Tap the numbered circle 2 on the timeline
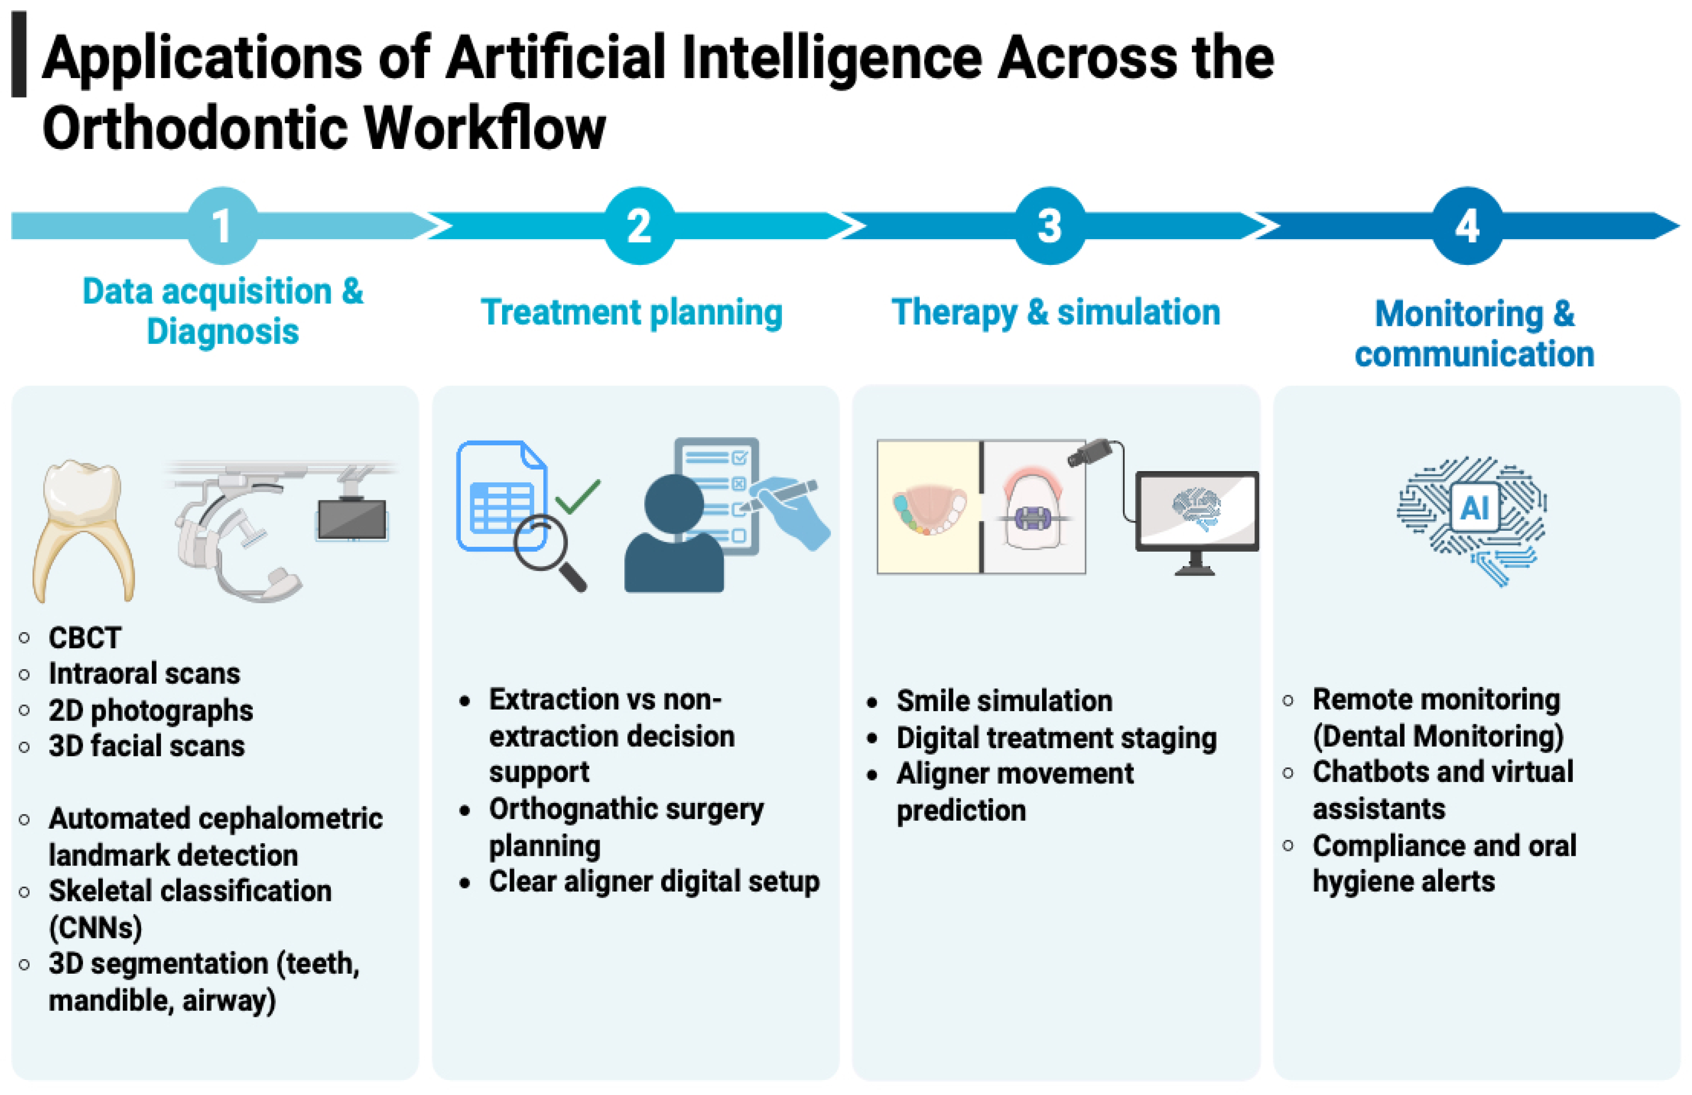[x=639, y=226]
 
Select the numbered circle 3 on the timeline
[x=1049, y=226]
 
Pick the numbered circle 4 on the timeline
[x=1466, y=226]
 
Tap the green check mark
[x=578, y=496]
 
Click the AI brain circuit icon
[x=1472, y=519]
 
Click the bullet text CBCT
[x=84, y=638]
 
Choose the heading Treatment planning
[x=631, y=313]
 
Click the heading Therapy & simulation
[x=1056, y=313]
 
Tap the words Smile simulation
[x=1004, y=701]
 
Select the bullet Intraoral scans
[x=145, y=674]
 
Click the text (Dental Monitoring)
[x=1437, y=736]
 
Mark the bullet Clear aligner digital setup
[x=654, y=882]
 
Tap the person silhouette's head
[x=673, y=503]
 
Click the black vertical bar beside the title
[x=19, y=54]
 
